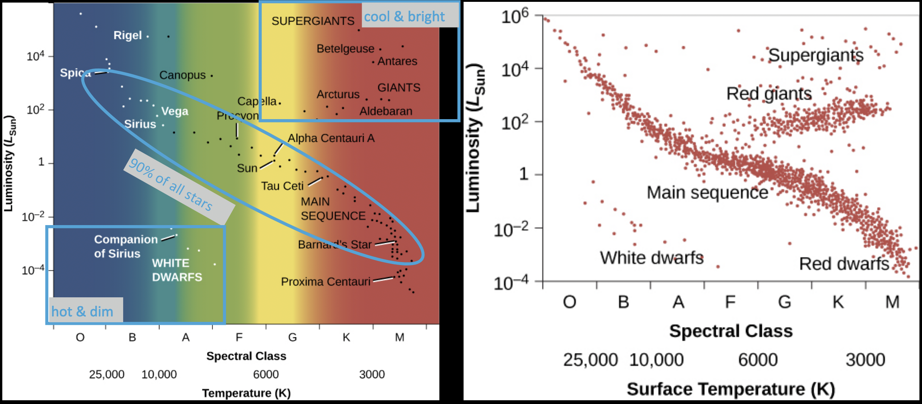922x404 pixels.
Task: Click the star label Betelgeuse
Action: [345, 48]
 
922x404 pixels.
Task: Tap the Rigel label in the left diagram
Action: [127, 35]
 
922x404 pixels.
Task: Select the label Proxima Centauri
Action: [325, 282]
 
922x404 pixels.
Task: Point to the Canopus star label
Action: [182, 75]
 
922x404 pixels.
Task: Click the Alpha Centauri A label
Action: [331, 138]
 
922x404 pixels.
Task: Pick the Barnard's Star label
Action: [335, 245]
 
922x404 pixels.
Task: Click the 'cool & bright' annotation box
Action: [404, 16]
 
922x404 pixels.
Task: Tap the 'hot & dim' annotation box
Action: [82, 312]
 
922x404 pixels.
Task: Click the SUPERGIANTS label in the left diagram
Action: [313, 21]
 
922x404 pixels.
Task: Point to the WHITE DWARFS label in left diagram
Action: [177, 270]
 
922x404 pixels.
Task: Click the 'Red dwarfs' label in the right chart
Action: [844, 264]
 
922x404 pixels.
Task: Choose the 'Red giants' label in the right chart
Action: [769, 93]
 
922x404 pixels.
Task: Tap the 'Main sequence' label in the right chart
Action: [707, 192]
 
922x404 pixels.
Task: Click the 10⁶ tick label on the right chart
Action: [515, 16]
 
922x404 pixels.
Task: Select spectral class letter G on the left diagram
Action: [292, 337]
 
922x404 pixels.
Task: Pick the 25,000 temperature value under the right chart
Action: [590, 360]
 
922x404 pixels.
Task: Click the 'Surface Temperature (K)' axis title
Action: [731, 389]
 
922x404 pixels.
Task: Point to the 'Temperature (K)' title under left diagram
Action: [246, 393]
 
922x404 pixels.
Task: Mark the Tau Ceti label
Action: [282, 186]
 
